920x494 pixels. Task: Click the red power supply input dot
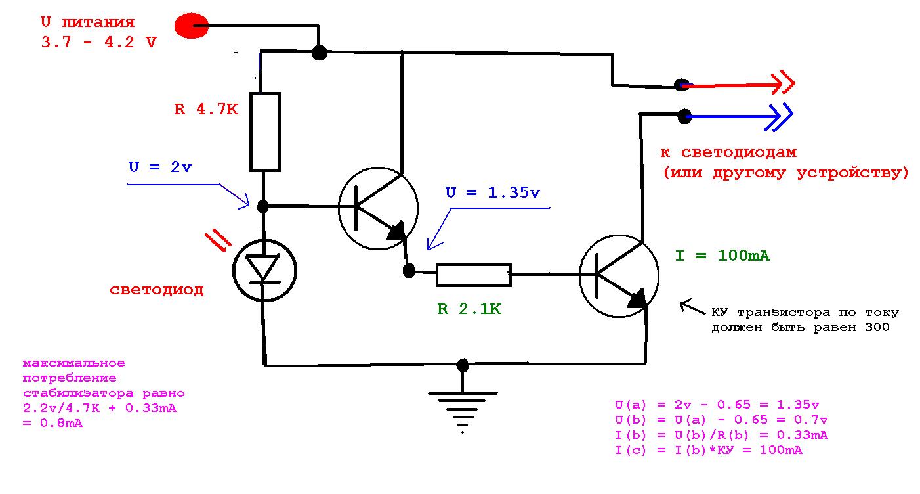(x=192, y=26)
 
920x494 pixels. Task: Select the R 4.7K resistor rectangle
(x=265, y=131)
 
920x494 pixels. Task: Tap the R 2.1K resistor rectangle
(x=474, y=275)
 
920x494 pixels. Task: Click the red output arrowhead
(x=783, y=83)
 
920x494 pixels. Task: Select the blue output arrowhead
(x=779, y=117)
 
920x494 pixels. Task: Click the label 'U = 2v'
(x=159, y=167)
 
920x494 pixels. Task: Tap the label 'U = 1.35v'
(x=492, y=192)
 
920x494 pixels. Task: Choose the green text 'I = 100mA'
(x=722, y=256)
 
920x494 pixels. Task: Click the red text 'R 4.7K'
(x=206, y=110)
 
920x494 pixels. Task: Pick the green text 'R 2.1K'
(x=469, y=309)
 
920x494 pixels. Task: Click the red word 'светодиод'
(x=156, y=290)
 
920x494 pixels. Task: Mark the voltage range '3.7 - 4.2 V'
(x=99, y=42)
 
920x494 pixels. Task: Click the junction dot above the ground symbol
(x=463, y=365)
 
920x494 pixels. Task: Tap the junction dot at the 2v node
(x=263, y=206)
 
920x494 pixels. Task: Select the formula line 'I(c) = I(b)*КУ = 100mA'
(x=709, y=450)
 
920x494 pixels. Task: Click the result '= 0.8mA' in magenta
(x=52, y=423)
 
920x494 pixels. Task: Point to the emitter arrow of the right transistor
(x=637, y=298)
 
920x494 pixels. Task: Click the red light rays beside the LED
(x=218, y=241)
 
